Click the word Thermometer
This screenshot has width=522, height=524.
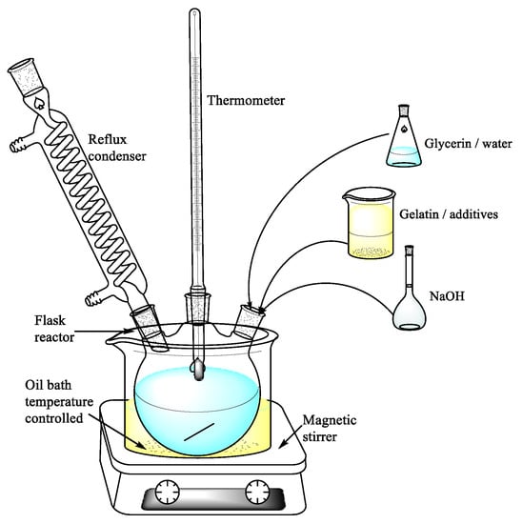[246, 100]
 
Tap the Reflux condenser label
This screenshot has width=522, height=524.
[117, 148]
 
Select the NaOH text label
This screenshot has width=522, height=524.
[447, 296]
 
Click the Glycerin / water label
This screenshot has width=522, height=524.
[469, 144]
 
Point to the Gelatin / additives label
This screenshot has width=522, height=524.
[449, 213]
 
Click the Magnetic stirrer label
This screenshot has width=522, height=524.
[330, 428]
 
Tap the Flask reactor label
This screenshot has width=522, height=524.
[54, 329]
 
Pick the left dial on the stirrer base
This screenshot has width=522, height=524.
[167, 492]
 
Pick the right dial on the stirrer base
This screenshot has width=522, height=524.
[257, 492]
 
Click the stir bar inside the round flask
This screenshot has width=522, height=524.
[199, 432]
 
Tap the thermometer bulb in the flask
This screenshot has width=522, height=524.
[198, 370]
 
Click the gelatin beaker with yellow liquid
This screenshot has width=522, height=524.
[370, 223]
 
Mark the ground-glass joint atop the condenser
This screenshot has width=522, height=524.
[26, 77]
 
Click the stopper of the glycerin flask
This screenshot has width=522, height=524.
[404, 110]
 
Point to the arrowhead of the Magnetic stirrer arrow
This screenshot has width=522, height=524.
[282, 445]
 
